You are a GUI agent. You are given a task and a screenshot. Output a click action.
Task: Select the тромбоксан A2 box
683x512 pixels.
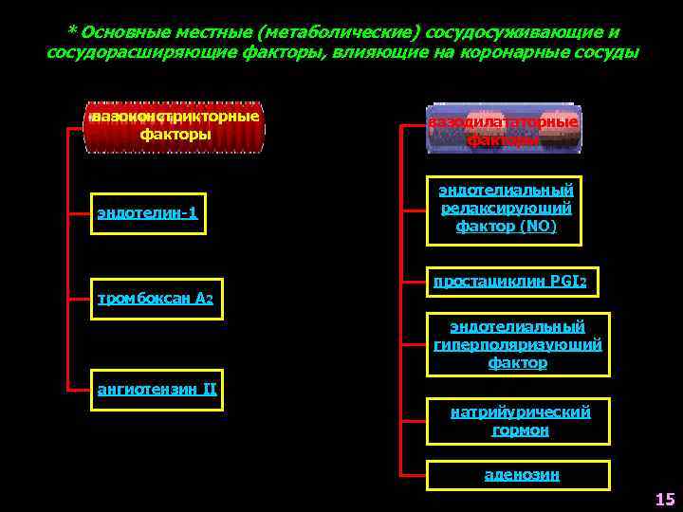click(x=156, y=301)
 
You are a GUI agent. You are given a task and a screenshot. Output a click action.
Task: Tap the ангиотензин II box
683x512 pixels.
click(x=157, y=389)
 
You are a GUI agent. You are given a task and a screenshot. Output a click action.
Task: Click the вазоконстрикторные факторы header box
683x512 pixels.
click(x=175, y=125)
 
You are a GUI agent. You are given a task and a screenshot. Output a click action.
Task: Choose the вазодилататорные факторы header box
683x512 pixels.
click(x=503, y=131)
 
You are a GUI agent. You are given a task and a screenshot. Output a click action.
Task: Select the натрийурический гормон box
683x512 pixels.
click(x=520, y=421)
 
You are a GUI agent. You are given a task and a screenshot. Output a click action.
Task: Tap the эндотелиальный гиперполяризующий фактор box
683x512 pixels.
click(x=517, y=344)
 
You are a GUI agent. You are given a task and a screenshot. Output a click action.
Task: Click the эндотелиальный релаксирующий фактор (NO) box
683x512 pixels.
click(x=505, y=207)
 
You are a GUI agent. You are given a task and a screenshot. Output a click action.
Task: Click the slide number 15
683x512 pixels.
click(x=664, y=499)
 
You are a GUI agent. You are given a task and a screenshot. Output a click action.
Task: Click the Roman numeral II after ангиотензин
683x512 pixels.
click(x=210, y=388)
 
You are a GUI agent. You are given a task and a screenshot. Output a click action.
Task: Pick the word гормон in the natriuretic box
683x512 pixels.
click(x=520, y=430)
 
